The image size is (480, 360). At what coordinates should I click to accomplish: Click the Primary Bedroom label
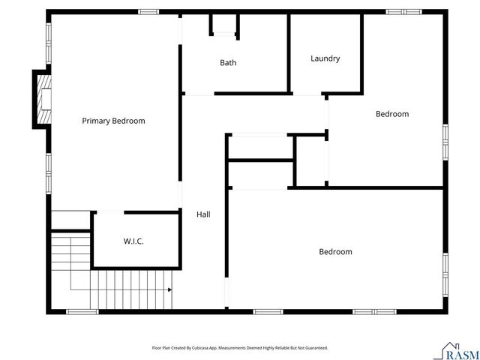[113, 121]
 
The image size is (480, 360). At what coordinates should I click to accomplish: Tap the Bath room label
[228, 63]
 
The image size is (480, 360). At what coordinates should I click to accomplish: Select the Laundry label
[325, 58]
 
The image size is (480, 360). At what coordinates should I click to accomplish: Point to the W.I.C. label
[133, 241]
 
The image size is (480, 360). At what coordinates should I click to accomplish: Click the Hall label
[203, 214]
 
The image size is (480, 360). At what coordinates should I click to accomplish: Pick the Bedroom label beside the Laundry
[392, 114]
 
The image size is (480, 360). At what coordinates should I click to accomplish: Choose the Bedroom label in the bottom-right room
[335, 252]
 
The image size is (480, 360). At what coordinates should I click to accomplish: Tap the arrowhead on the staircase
[170, 289]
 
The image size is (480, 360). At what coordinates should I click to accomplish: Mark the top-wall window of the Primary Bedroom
[148, 11]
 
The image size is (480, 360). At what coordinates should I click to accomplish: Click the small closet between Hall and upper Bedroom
[259, 147]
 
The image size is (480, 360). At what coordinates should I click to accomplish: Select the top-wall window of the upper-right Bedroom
[403, 11]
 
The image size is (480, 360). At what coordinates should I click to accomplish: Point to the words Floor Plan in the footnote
[160, 348]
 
